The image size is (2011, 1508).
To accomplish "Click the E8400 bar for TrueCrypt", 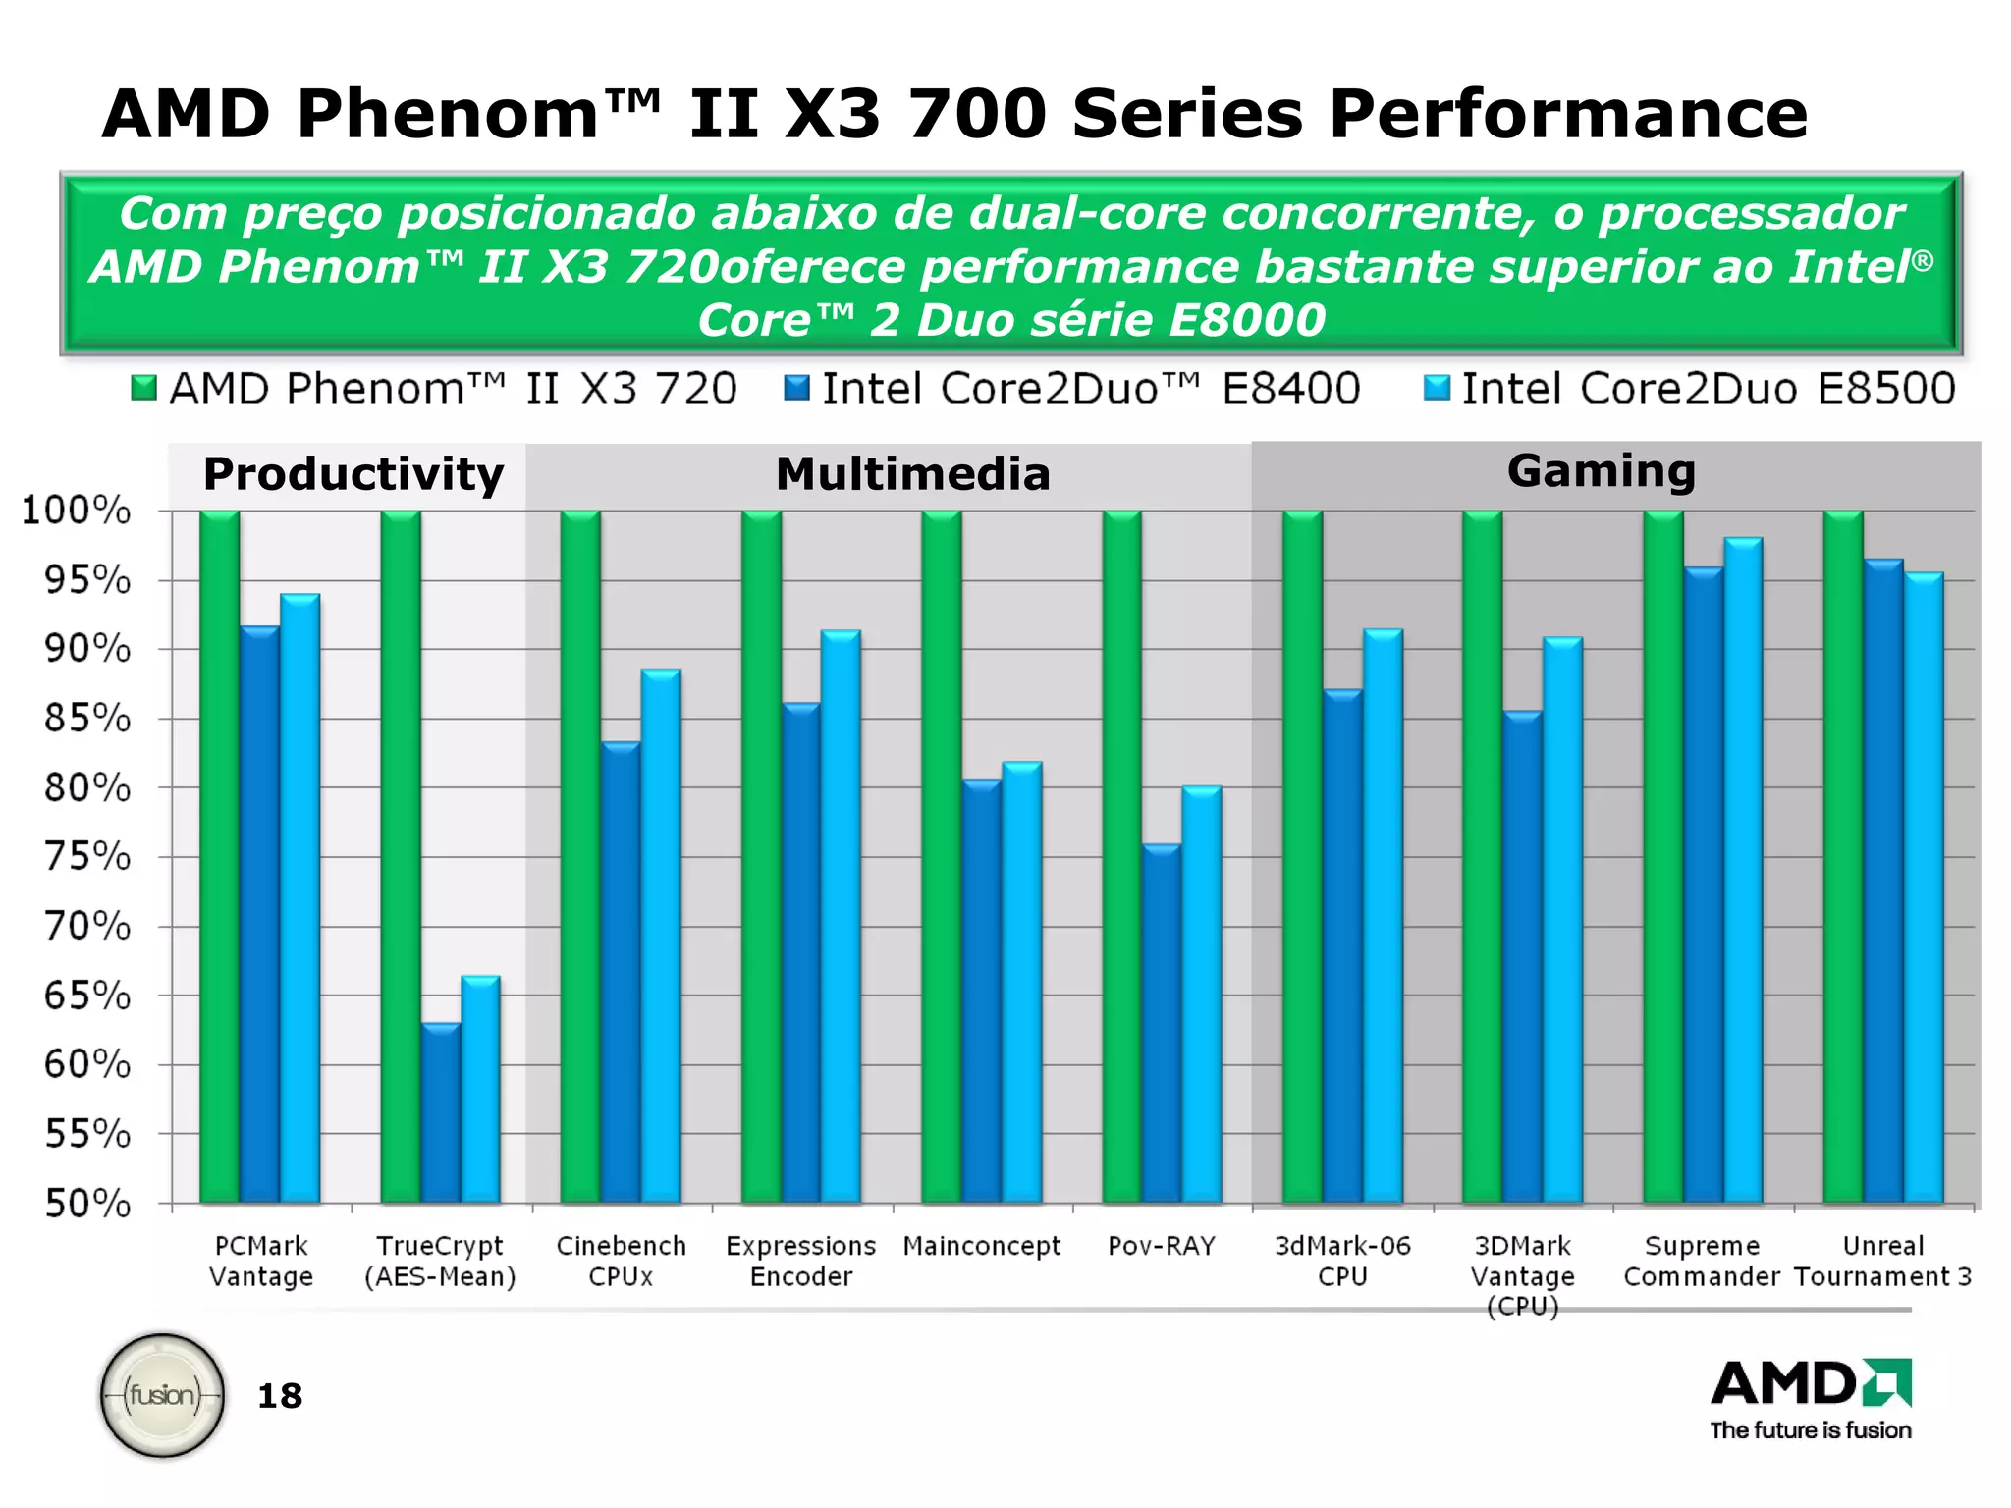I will click(441, 1113).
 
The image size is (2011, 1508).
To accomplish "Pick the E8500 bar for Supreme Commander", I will click(1744, 870).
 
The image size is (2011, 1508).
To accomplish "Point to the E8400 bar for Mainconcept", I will click(982, 991).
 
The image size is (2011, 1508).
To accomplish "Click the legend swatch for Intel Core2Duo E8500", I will click(1437, 389).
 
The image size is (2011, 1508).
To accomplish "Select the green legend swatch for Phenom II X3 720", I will click(144, 389).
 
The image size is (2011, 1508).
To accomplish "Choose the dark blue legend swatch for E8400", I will click(796, 389).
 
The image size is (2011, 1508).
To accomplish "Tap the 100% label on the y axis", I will click(77, 511).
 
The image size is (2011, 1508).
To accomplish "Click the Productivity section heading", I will click(353, 474).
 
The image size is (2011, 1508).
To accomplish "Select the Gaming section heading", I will click(1601, 471).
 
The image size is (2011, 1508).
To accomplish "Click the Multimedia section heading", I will click(912, 474).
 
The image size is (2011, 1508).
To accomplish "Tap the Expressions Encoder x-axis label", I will click(800, 1261).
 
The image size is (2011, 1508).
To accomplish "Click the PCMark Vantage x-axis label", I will click(261, 1261).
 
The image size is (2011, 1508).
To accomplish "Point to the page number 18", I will click(280, 1396).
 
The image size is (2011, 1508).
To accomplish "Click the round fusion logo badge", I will click(163, 1394).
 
